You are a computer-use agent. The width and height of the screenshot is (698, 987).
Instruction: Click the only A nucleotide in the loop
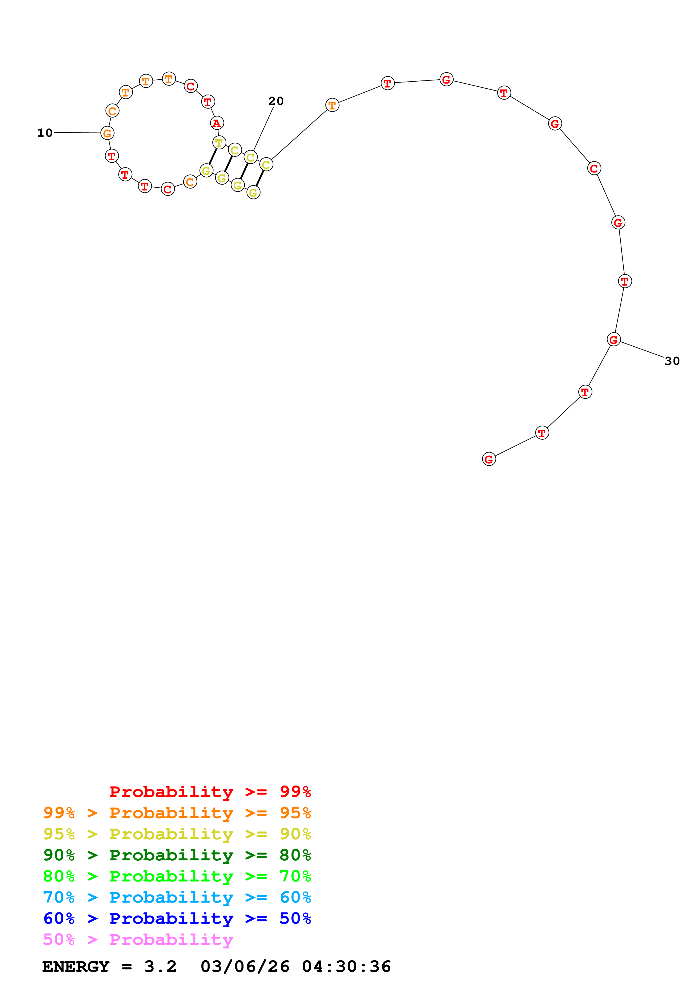point(217,123)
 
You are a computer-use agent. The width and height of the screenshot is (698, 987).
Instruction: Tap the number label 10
point(45,133)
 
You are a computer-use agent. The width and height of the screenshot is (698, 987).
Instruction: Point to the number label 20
point(276,101)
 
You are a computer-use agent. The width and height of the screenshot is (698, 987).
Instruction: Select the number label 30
point(672,361)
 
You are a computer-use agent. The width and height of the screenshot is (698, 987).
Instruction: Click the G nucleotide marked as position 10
point(107,133)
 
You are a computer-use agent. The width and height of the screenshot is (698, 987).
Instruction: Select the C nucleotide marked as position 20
point(250,157)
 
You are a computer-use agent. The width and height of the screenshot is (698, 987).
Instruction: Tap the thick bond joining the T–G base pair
point(213,156)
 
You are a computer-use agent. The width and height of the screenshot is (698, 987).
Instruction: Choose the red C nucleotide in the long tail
point(594,169)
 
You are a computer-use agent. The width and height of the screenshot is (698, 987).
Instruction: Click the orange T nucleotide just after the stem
point(332,105)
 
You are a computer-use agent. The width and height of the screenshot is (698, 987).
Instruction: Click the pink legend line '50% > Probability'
point(138,940)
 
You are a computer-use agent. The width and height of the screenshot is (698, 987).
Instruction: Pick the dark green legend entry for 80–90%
point(177,855)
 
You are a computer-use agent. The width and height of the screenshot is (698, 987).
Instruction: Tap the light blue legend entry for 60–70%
point(177,898)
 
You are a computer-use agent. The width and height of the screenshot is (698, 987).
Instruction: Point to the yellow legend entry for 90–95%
point(177,834)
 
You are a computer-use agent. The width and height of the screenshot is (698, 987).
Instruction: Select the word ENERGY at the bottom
point(76,967)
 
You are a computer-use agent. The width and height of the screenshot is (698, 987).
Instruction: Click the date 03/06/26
point(245,967)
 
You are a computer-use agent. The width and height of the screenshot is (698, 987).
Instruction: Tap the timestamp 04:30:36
point(346,967)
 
